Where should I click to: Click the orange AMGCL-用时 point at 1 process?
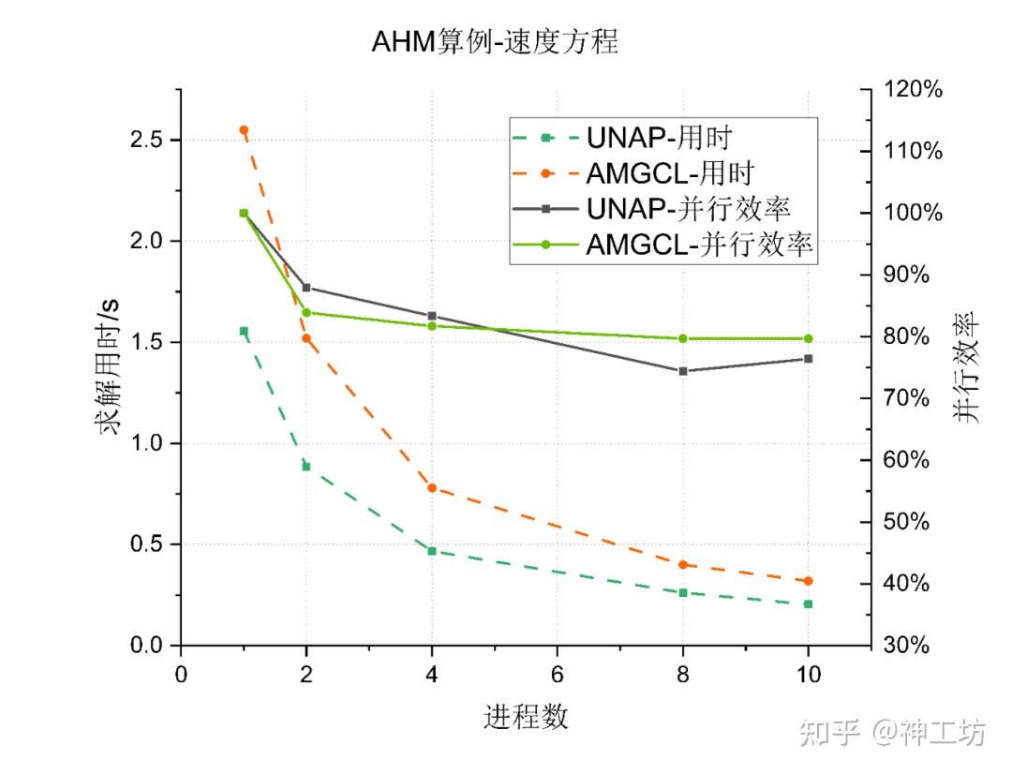click(244, 130)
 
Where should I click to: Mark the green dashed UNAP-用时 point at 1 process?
click(244, 331)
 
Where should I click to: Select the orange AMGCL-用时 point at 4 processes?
click(432, 487)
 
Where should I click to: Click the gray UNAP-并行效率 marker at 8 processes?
click(683, 371)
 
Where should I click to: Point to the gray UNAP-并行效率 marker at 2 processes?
click(306, 288)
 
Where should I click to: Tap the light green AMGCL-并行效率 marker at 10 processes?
click(808, 338)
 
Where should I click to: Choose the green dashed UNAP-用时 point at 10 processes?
click(808, 603)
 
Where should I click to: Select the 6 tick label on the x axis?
click(558, 675)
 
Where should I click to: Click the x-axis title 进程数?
click(526, 718)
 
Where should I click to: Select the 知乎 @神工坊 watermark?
click(891, 732)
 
